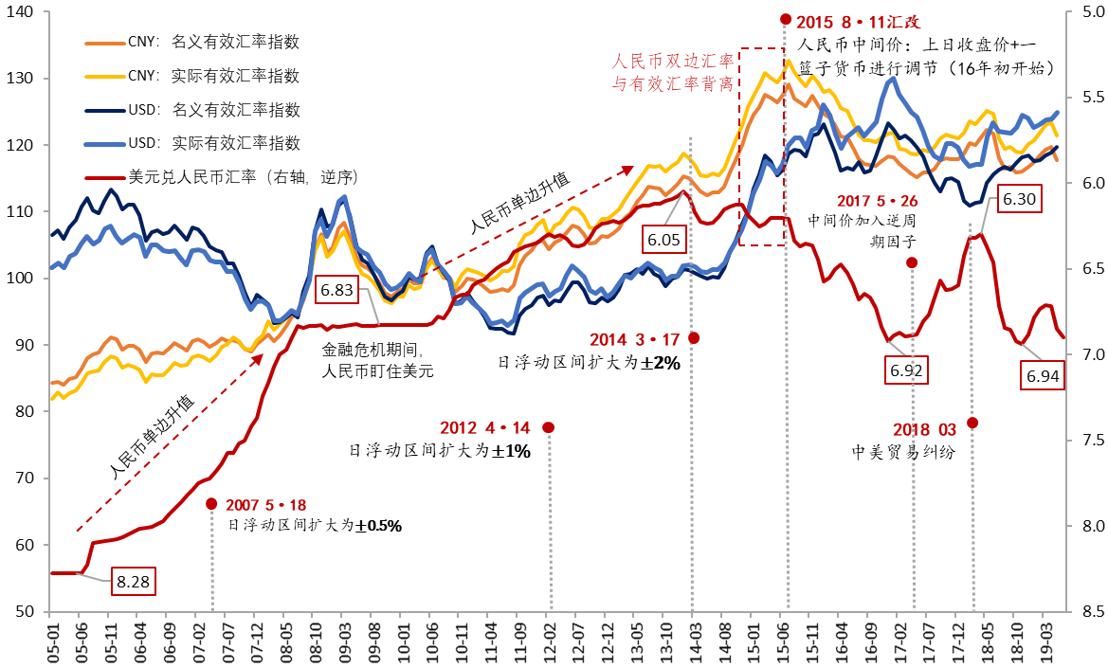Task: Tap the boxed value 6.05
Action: click(x=664, y=240)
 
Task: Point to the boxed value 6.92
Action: click(x=906, y=370)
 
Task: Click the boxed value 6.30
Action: click(x=1020, y=200)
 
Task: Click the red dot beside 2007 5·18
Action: click(x=211, y=505)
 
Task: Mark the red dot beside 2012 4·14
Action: click(x=548, y=427)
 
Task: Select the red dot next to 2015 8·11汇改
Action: click(x=785, y=19)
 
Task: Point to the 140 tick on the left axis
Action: click(x=19, y=12)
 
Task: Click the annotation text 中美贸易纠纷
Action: click(x=902, y=452)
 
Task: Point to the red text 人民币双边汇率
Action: click(x=673, y=62)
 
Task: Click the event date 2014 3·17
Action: click(x=634, y=339)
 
